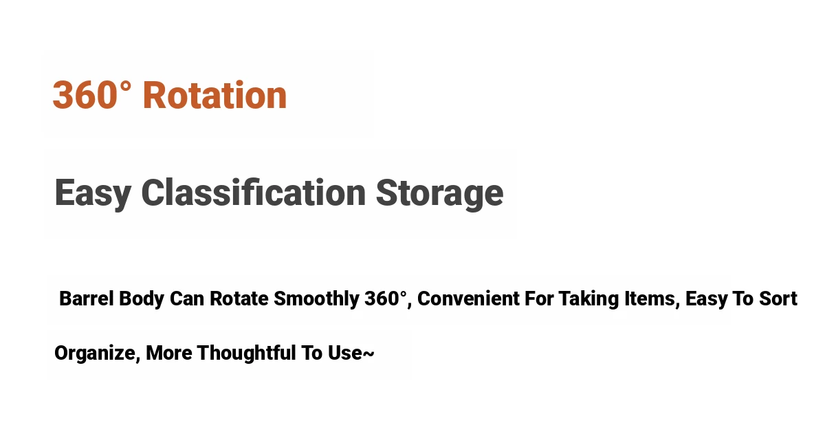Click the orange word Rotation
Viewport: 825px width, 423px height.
pyautogui.click(x=214, y=95)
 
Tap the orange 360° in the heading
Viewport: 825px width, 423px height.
pyautogui.click(x=91, y=95)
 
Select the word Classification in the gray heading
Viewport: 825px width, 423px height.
pyautogui.click(x=254, y=193)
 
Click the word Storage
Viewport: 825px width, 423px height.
pyautogui.click(x=439, y=195)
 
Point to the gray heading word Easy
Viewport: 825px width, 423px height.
pyautogui.click(x=93, y=195)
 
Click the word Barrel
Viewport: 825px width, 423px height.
pyautogui.click(x=86, y=298)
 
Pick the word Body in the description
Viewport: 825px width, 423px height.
pyautogui.click(x=142, y=299)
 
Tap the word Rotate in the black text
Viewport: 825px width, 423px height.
pyautogui.click(x=239, y=298)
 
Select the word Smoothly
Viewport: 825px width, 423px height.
pyautogui.click(x=316, y=299)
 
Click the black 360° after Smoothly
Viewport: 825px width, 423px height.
pyautogui.click(x=386, y=298)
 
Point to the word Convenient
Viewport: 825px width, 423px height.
pyautogui.click(x=468, y=298)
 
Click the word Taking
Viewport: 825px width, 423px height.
pyautogui.click(x=588, y=299)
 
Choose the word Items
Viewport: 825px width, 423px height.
pyautogui.click(x=652, y=299)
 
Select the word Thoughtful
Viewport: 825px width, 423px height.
pyautogui.click(x=246, y=353)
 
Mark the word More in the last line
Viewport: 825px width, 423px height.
pyautogui.click(x=168, y=353)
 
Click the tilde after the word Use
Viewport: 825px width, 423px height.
pyautogui.click(x=368, y=354)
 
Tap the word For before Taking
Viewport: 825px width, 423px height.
pyautogui.click(x=539, y=298)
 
